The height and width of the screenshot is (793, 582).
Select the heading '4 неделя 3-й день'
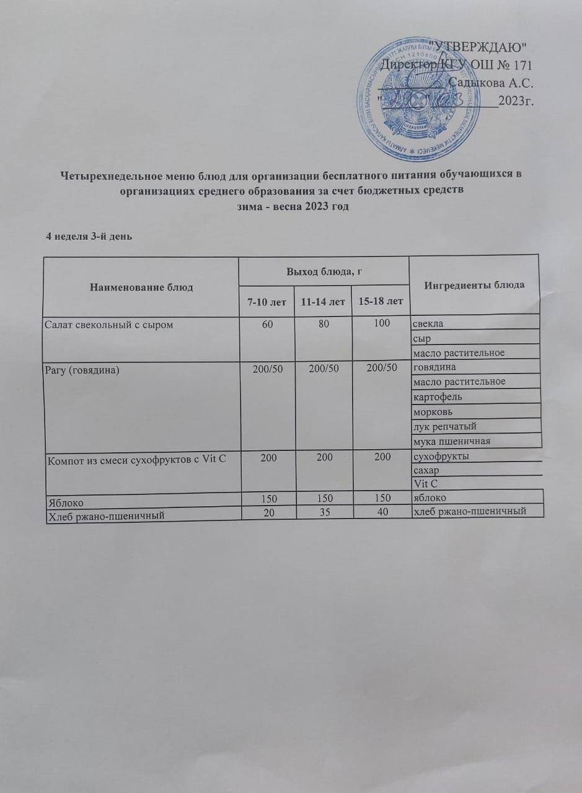(x=90, y=237)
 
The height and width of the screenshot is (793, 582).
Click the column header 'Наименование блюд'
(x=141, y=287)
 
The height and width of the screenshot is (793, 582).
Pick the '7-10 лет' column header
(x=266, y=302)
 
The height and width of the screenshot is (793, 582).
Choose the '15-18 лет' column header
(x=380, y=302)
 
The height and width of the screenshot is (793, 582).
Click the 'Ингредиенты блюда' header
(x=475, y=285)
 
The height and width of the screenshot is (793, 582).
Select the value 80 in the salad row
(x=324, y=323)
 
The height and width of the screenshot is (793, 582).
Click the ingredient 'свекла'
(x=428, y=323)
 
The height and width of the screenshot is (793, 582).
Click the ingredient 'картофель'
(x=438, y=396)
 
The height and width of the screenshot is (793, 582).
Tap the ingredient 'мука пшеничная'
(x=451, y=441)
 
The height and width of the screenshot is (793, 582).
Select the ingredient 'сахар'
(x=426, y=470)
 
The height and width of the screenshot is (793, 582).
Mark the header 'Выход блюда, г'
(x=324, y=270)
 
